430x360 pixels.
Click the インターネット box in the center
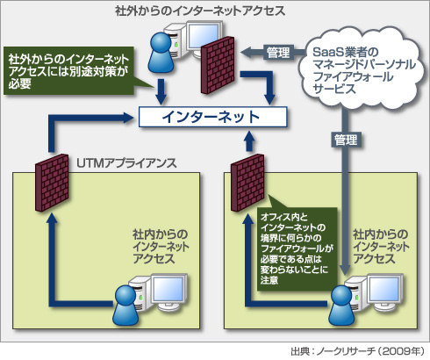(x=212, y=117)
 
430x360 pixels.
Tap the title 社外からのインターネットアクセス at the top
(x=200, y=11)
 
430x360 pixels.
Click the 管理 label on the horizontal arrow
(x=277, y=53)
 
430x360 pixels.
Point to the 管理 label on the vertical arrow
(x=346, y=140)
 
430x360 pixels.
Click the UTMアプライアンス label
(x=126, y=163)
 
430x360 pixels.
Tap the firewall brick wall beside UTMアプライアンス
(x=52, y=182)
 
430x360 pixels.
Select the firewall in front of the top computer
(x=218, y=65)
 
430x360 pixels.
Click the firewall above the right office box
(x=247, y=183)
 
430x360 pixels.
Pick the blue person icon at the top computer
(x=161, y=53)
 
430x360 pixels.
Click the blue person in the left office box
(x=125, y=306)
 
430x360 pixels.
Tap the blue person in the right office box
(x=342, y=306)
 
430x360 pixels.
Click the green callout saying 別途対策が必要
(x=68, y=71)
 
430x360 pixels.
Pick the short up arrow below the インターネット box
(x=249, y=141)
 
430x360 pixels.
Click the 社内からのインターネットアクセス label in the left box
(x=161, y=247)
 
